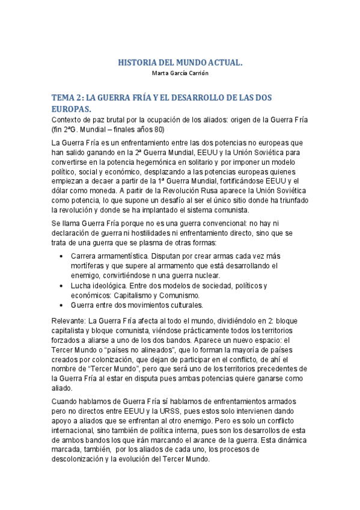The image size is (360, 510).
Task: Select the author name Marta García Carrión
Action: point(180,73)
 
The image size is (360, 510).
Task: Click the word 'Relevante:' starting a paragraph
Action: point(69,321)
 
